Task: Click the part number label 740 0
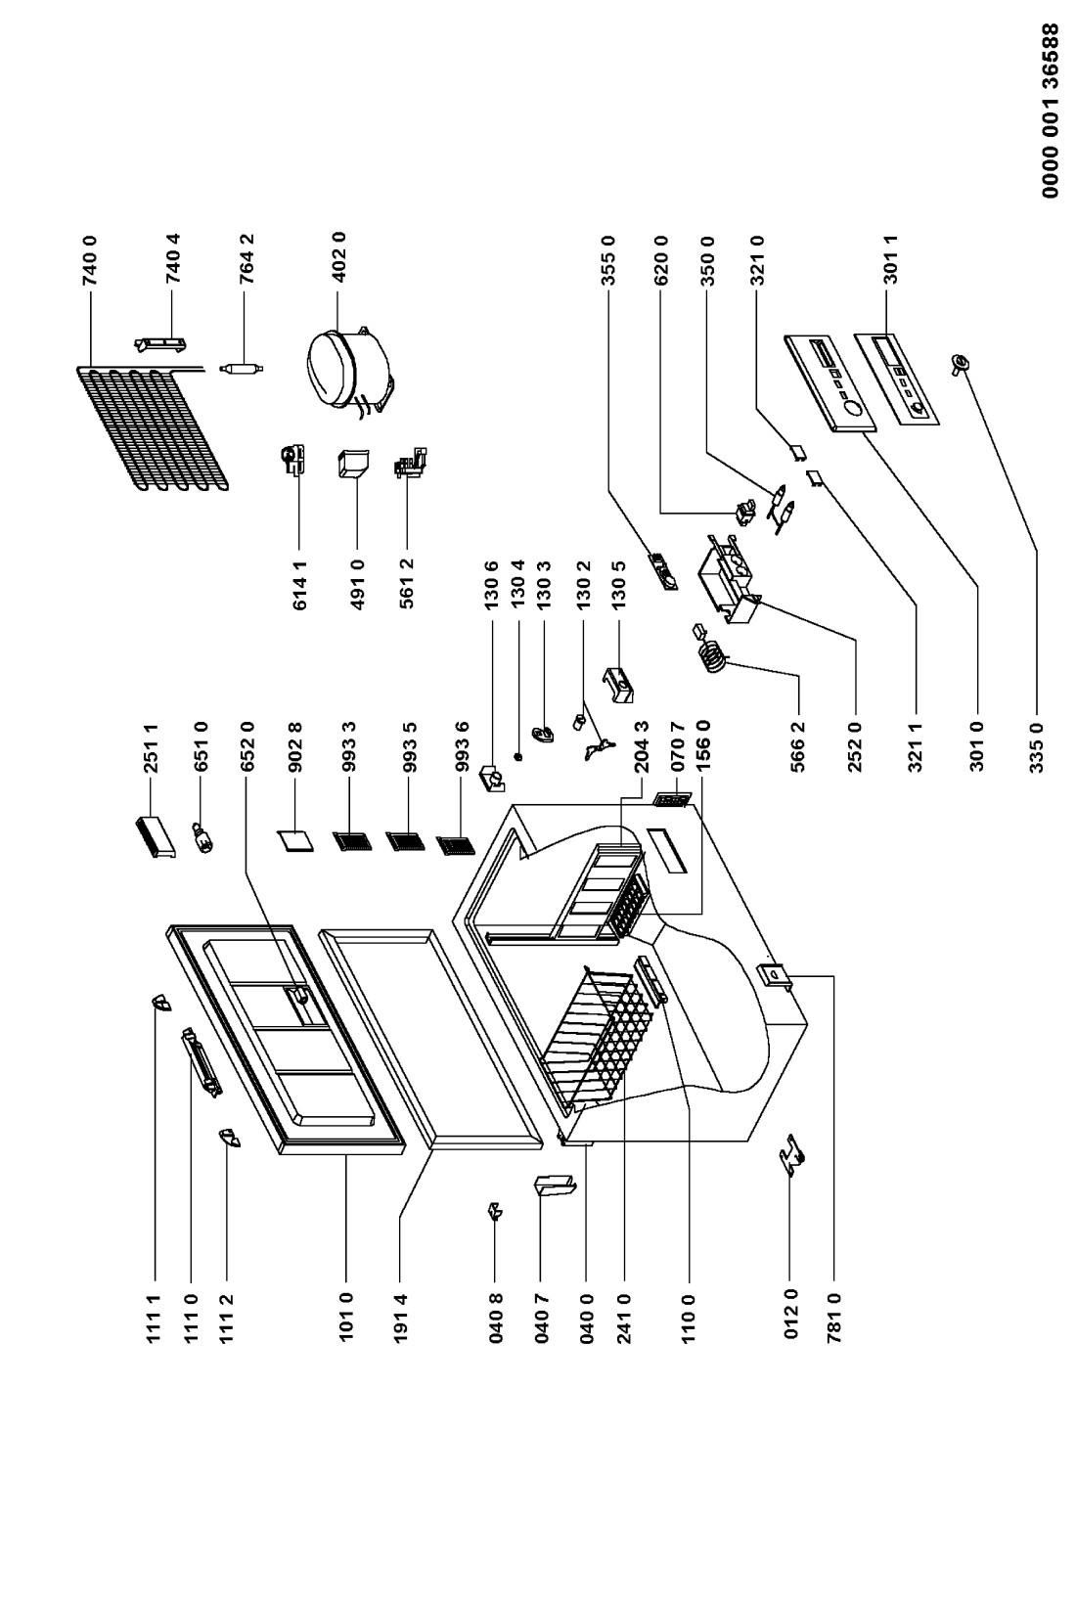[90, 260]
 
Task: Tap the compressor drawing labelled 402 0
[349, 373]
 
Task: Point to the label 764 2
[247, 259]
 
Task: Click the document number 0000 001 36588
[1051, 111]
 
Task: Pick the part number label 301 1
[890, 259]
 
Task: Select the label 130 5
[618, 583]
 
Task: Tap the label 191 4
[401, 1318]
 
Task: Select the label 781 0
[834, 1318]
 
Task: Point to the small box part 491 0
[353, 465]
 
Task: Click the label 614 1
[300, 583]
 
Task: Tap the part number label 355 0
[607, 259]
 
